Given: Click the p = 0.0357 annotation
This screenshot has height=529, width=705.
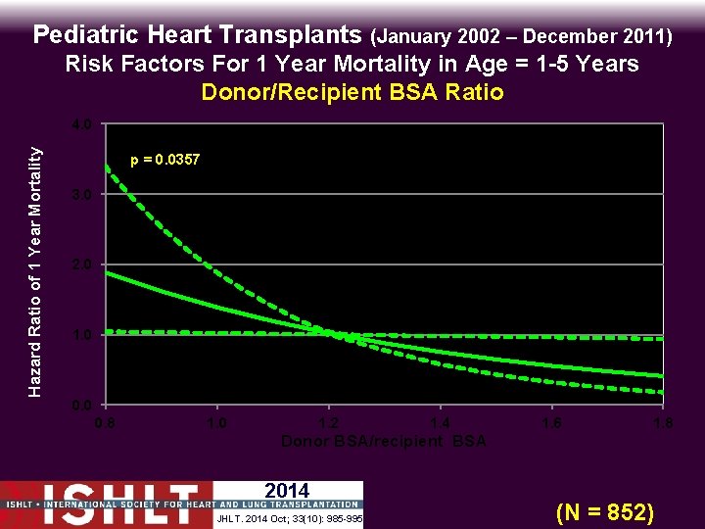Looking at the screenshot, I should click(165, 159).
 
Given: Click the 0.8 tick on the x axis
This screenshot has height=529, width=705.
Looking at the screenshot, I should click(105, 423).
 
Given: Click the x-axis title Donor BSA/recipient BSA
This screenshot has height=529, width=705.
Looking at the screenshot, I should click(384, 442).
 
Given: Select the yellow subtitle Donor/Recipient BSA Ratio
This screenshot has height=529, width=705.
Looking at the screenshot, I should click(352, 93).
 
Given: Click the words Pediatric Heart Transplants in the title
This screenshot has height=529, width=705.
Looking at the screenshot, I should click(198, 36).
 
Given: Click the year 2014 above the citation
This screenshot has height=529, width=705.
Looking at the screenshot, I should click(287, 491).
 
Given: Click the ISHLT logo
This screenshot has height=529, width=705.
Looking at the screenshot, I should click(107, 505).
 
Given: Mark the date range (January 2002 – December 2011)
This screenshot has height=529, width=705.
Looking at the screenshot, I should click(520, 37).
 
